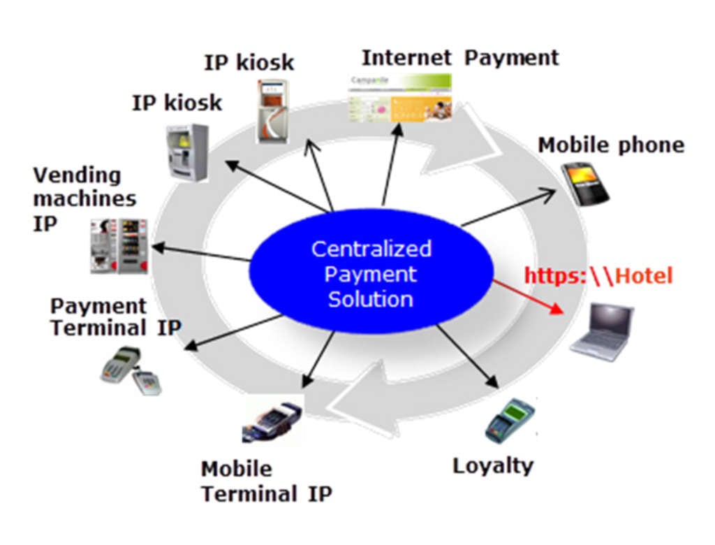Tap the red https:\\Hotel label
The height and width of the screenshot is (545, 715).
598,275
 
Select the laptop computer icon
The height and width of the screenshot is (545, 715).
602,332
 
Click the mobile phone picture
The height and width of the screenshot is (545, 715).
584,183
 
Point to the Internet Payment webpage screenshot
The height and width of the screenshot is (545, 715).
401,97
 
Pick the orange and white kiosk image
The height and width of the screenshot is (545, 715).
272,111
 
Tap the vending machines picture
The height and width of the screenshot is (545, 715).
119,245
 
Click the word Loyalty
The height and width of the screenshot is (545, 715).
492,466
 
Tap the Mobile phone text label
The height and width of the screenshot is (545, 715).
610,145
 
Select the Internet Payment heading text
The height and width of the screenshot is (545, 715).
460,57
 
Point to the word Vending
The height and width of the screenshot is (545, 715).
77,175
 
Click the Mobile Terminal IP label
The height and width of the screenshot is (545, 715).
266,481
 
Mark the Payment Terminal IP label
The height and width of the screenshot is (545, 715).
115,317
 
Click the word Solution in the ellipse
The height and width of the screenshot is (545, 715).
370,300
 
